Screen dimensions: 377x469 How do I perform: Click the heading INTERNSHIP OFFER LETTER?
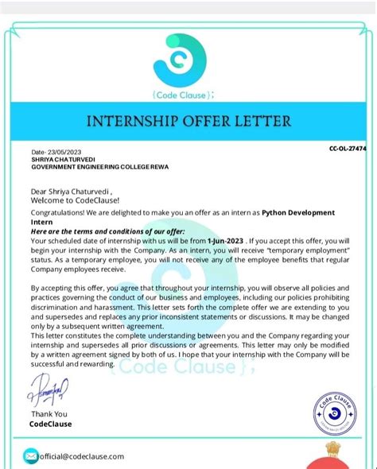coord(189,122)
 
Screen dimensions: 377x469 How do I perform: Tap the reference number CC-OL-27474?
coord(352,149)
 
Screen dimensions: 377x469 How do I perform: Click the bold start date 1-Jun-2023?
coord(224,239)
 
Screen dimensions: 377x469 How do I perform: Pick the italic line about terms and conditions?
coord(102,231)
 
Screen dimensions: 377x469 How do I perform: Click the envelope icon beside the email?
coord(31,456)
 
